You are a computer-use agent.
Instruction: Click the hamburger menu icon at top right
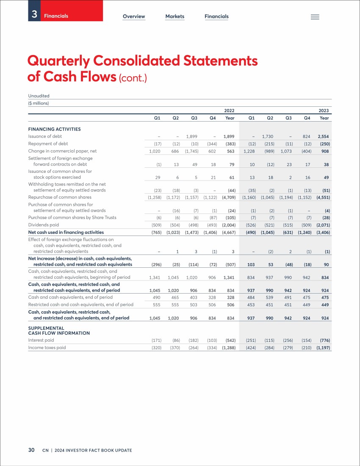pyautogui.click(x=315, y=17)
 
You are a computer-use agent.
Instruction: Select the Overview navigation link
pyautogui.click(x=134, y=17)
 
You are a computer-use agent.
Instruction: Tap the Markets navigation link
pyautogui.click(x=174, y=17)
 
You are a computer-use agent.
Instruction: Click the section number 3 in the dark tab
pyautogui.click(x=34, y=14)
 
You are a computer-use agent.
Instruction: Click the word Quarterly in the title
pyautogui.click(x=58, y=61)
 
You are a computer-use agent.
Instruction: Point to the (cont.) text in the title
pyautogui.click(x=133, y=78)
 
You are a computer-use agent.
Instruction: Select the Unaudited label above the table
pyautogui.click(x=39, y=96)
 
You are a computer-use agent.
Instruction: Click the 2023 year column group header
pyautogui.click(x=324, y=111)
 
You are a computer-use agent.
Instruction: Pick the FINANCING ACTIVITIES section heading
pyautogui.click(x=54, y=129)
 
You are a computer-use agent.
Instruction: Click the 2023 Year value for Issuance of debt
pyautogui.click(x=323, y=137)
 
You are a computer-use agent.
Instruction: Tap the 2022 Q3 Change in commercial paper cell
pyautogui.click(x=191, y=151)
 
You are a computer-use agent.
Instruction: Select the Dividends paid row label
pyautogui.click(x=43, y=225)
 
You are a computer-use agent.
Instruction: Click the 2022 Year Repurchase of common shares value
pyautogui.click(x=229, y=197)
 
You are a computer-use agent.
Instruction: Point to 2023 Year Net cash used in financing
pyautogui.click(x=323, y=233)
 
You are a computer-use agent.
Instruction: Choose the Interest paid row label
pyautogui.click(x=41, y=340)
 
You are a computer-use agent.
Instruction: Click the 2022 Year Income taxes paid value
pyautogui.click(x=229, y=348)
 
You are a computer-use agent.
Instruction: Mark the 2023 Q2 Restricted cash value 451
pyautogui.click(x=269, y=305)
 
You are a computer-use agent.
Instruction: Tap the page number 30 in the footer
pyautogui.click(x=31, y=450)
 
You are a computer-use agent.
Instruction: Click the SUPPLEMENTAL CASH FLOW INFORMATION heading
pyautogui.click(x=59, y=331)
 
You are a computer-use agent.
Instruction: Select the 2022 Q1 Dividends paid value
pyautogui.click(x=157, y=225)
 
